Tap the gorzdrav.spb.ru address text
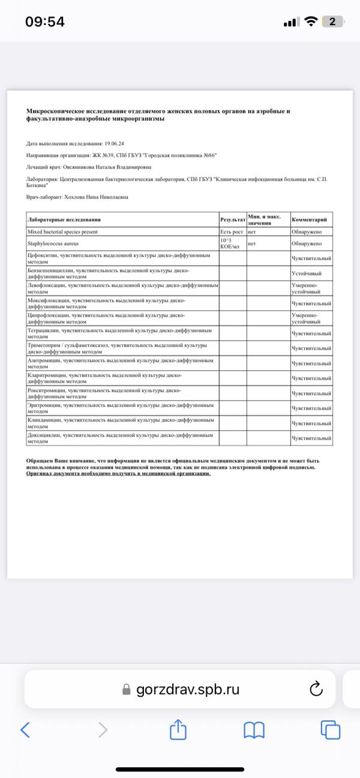(188, 689)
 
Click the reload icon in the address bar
(316, 689)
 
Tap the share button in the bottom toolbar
(178, 729)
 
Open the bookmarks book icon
(254, 729)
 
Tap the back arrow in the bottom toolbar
(25, 729)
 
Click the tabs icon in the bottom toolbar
(330, 729)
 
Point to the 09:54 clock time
(45, 22)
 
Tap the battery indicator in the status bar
(332, 22)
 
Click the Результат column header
(232, 220)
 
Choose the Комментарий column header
(309, 220)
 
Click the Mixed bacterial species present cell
(63, 232)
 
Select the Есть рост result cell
(231, 232)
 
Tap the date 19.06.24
(113, 145)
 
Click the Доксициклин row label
(120, 438)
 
